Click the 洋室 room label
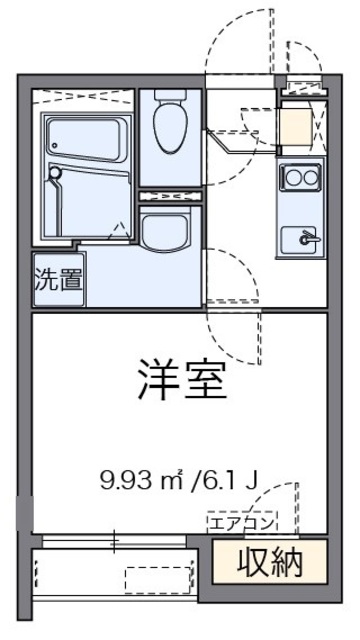(181, 378)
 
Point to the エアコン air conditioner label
(239, 521)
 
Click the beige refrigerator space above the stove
(296, 126)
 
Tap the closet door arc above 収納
(285, 505)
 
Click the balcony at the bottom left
(110, 578)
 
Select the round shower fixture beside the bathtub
(56, 172)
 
